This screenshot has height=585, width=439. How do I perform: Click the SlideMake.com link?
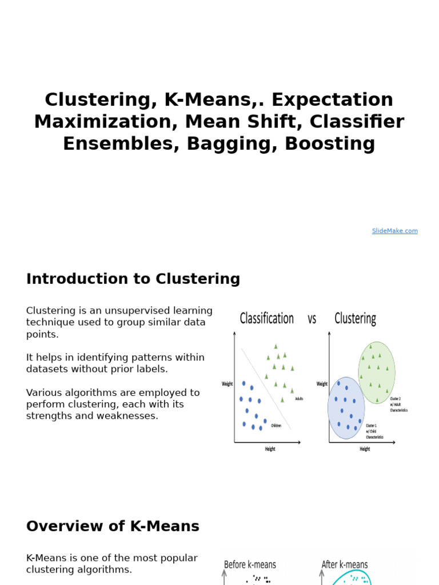pos(394,231)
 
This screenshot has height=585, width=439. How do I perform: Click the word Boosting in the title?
pos(330,144)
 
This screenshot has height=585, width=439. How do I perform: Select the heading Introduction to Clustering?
pos(133,279)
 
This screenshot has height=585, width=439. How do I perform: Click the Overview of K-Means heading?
pos(113,526)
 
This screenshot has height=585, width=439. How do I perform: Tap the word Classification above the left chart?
pos(266,318)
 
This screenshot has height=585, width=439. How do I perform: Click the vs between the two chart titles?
pos(312,319)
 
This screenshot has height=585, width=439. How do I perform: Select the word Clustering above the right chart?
pos(355,318)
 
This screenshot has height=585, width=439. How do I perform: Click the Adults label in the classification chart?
pos(299,399)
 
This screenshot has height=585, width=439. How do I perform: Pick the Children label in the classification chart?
pos(276,426)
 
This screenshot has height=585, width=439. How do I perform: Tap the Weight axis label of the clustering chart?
pos(322,384)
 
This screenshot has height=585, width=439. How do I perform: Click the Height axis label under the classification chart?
pos(270,449)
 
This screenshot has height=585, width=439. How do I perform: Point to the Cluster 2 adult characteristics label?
pos(398,404)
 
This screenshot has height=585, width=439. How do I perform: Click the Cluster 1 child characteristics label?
pos(374,431)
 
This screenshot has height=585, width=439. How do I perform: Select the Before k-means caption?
pos(250,564)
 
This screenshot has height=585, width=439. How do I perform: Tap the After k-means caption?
pos(345,564)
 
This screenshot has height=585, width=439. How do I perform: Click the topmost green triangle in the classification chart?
pos(276,346)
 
